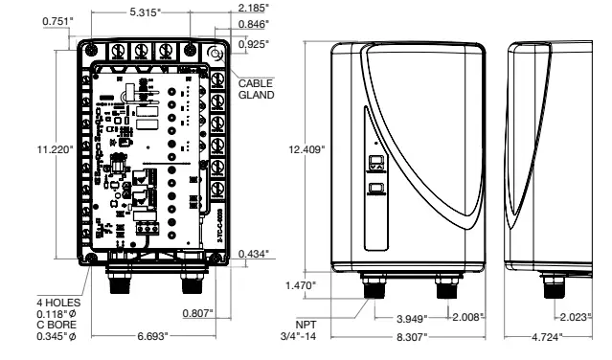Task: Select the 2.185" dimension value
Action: pos(253,8)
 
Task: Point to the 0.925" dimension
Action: pos(253,44)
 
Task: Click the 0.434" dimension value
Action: pos(255,253)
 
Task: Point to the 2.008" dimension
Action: pos(468,316)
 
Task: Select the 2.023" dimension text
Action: pos(577,316)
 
